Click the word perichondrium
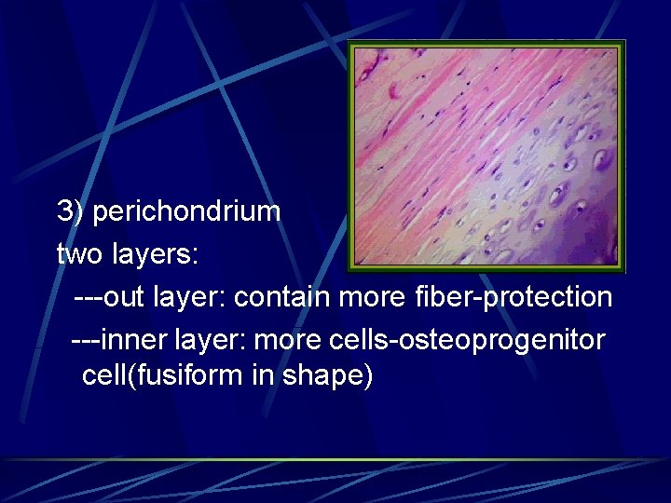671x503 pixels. pos(186,211)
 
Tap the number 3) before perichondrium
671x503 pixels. pos(71,211)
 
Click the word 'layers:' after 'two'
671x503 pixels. pos(152,253)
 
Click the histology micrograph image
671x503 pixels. pos(486,156)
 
